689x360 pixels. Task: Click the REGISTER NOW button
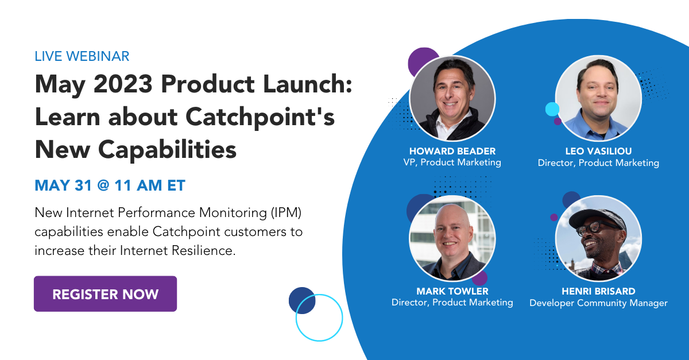click(x=105, y=294)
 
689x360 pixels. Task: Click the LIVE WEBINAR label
click(x=82, y=56)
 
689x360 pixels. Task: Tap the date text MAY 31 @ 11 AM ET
click(x=110, y=185)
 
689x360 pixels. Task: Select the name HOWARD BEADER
click(x=452, y=151)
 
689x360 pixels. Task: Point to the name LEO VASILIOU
click(x=598, y=151)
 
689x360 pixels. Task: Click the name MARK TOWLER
click(x=452, y=291)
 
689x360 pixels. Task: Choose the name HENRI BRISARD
click(x=598, y=291)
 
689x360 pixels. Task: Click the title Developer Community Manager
click(x=598, y=303)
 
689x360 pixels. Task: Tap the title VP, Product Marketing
click(x=452, y=162)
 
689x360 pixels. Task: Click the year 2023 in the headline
click(x=122, y=86)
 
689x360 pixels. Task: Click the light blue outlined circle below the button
click(x=319, y=318)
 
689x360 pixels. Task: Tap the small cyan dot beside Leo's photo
click(x=552, y=109)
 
